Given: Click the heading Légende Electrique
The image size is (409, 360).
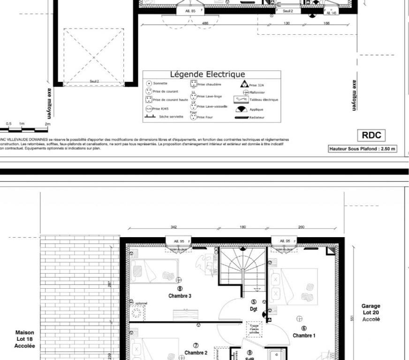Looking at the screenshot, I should click(207, 74).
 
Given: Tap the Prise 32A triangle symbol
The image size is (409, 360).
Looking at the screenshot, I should click(244, 84).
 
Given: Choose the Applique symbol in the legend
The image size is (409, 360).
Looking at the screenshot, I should click(242, 109).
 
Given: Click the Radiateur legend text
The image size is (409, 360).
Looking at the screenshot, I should click(257, 117).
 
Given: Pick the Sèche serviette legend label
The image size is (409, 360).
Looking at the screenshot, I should click(171, 116).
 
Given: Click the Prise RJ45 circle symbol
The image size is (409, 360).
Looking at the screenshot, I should click(148, 108).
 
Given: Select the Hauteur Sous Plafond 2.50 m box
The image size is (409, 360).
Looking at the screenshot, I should click(363, 149).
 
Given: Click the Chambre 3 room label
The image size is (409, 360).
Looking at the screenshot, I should click(180, 296).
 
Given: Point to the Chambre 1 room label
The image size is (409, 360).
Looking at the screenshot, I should click(304, 335).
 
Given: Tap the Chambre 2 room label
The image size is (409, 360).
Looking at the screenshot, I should click(196, 352).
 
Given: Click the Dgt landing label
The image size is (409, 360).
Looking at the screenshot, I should click(254, 309).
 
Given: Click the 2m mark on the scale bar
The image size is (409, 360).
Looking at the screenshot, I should click(47, 124).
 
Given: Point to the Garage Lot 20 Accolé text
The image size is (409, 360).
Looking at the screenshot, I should click(371, 312).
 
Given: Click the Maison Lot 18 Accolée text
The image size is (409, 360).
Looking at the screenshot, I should click(24, 339).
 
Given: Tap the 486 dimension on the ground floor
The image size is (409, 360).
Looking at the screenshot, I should click(205, 22).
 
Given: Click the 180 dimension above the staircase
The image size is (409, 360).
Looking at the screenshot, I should click(242, 227).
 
